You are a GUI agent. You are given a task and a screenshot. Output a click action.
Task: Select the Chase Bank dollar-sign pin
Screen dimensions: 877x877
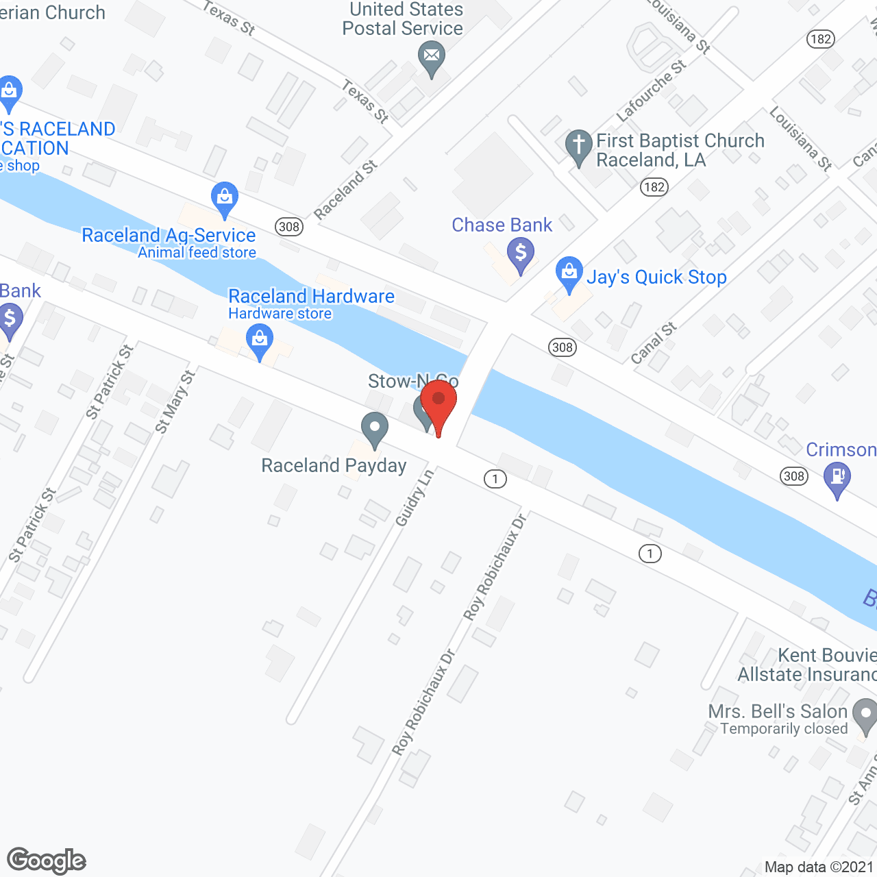521,254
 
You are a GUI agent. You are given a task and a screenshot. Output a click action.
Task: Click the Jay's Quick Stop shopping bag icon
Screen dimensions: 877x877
569,273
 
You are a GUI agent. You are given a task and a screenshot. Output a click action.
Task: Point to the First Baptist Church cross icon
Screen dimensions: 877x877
579,146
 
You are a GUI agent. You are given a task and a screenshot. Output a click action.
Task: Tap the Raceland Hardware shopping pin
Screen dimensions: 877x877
260,341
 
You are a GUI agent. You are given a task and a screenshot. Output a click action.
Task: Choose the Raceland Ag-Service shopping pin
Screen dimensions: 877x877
225,198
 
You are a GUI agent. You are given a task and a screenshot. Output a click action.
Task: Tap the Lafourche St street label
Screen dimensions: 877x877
651,91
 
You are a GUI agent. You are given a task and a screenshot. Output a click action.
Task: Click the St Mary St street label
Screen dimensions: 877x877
175,402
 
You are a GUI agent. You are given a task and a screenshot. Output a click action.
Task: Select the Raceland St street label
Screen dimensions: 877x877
346,190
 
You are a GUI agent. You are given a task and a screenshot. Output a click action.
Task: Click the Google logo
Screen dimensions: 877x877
47,861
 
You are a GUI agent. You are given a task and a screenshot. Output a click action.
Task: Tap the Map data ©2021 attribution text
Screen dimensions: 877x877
819,867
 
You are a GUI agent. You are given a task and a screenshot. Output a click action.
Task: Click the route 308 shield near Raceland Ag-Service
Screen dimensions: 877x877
289,227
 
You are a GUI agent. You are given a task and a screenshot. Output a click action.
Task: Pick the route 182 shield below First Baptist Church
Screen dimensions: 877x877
654,186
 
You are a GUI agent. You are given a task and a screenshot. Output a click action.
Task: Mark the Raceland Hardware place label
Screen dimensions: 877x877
311,296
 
